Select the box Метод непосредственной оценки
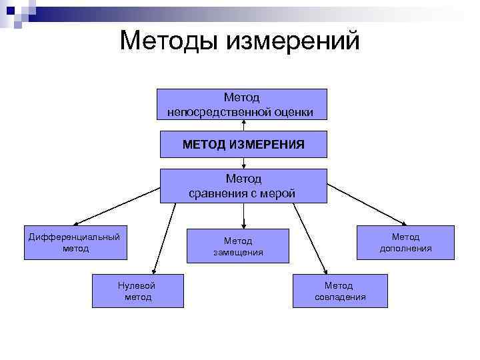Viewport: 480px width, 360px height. point(242,105)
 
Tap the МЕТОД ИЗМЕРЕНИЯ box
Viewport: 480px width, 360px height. point(244,144)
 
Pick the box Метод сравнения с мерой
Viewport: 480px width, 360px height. point(243,186)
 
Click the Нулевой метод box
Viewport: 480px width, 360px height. point(137,291)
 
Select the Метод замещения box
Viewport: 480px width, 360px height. point(238,246)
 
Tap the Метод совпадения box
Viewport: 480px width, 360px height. point(340,291)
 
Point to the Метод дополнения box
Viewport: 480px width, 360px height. point(405,242)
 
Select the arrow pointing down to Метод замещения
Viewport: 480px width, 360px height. point(244,215)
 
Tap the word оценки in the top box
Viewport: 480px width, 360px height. point(293,112)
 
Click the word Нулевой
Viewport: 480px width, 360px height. point(137,285)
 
